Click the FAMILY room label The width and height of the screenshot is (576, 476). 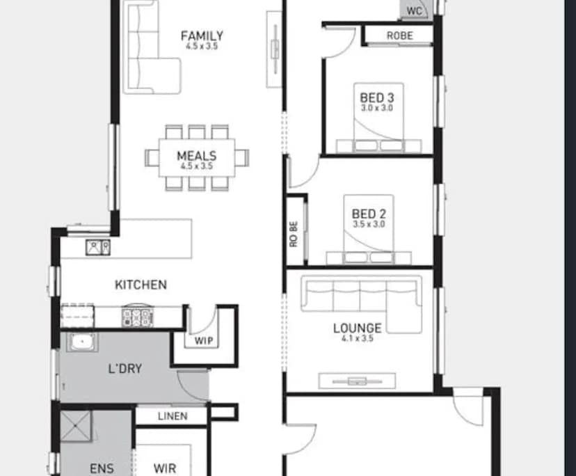pyautogui.click(x=202, y=35)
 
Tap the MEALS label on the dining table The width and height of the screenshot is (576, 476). pyautogui.click(x=196, y=156)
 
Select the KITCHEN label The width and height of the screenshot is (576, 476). pyautogui.click(x=141, y=285)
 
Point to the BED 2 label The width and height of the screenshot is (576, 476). pyautogui.click(x=369, y=214)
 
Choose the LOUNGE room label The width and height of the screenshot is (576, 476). pyautogui.click(x=357, y=328)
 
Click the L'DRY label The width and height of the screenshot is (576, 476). pyautogui.click(x=125, y=368)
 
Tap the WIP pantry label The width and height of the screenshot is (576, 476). pyautogui.click(x=204, y=341)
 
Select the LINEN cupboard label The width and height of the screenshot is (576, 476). pyautogui.click(x=172, y=416)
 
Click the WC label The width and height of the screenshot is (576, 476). pyautogui.click(x=415, y=10)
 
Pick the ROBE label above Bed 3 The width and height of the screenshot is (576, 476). pyautogui.click(x=399, y=35)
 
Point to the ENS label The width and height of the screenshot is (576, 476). pyautogui.click(x=102, y=468)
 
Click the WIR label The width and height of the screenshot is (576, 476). pyautogui.click(x=165, y=468)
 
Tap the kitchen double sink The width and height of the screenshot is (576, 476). pyautogui.click(x=97, y=246)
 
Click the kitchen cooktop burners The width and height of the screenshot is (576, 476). pyautogui.click(x=137, y=317)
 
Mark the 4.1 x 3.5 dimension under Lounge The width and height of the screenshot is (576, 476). pyautogui.click(x=358, y=339)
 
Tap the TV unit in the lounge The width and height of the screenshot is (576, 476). pyautogui.click(x=357, y=381)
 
